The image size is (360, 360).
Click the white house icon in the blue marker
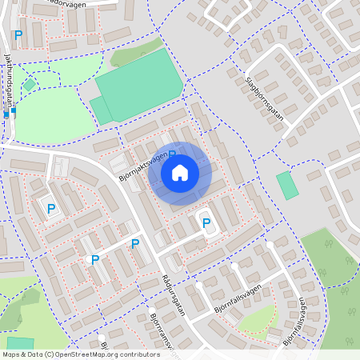click(180, 173)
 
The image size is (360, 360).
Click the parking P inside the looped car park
click(206, 224)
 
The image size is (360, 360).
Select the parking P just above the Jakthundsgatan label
click(18, 35)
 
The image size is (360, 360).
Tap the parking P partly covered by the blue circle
click(171, 154)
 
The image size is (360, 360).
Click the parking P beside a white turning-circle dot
click(95, 259)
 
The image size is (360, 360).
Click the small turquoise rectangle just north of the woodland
click(287, 185)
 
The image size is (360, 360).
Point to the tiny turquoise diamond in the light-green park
click(30, 84)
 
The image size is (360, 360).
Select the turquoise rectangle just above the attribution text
click(19, 343)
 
